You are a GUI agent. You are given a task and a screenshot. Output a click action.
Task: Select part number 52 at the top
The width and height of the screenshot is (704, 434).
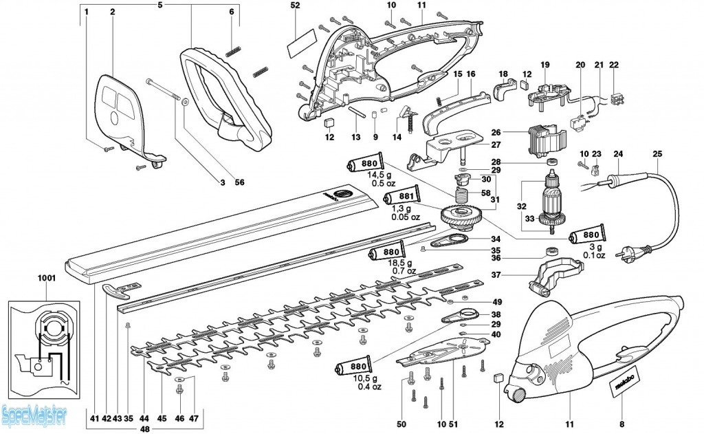pos(296,6)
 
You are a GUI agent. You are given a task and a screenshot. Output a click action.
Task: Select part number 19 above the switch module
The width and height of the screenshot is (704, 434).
pos(545,65)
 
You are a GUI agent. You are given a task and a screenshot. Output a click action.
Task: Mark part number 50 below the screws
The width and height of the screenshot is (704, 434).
pos(401,423)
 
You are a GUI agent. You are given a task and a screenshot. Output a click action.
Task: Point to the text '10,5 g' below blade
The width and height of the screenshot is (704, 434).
pos(356,378)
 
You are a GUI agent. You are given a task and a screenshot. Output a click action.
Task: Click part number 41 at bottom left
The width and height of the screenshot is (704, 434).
pos(93,418)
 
